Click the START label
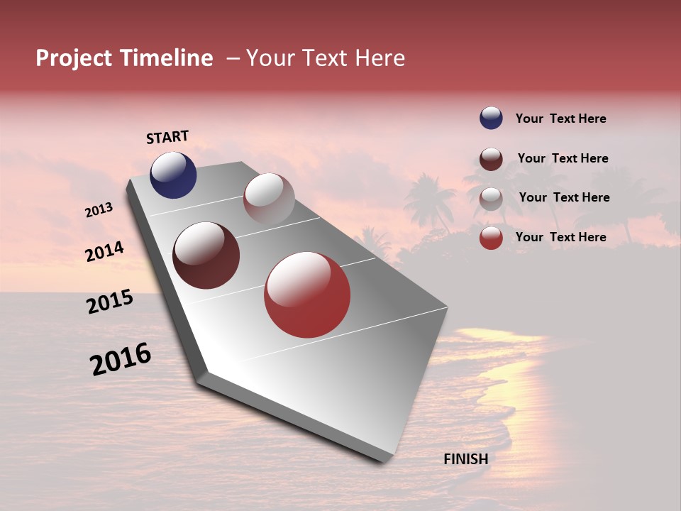pyautogui.click(x=167, y=137)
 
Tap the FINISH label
pyautogui.click(x=465, y=459)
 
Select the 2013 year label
pyautogui.click(x=99, y=210)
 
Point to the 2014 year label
pyautogui.click(x=104, y=251)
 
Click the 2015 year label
pyautogui.click(x=110, y=302)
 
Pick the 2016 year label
pyautogui.click(x=121, y=358)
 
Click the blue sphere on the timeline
pyautogui.click(x=173, y=175)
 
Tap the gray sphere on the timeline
pyautogui.click(x=269, y=199)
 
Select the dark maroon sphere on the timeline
pyautogui.click(x=206, y=255)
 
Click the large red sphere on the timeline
pyautogui.click(x=307, y=295)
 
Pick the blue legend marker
pyautogui.click(x=491, y=119)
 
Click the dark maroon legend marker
pyautogui.click(x=491, y=159)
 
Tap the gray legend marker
pyautogui.click(x=491, y=199)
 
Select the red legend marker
pyautogui.click(x=491, y=238)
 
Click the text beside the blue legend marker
pyautogui.click(x=560, y=119)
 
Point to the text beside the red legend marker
pyautogui.click(x=560, y=237)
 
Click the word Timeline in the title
pyautogui.click(x=166, y=58)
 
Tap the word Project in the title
pyautogui.click(x=74, y=58)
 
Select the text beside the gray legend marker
pyautogui.click(x=564, y=197)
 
